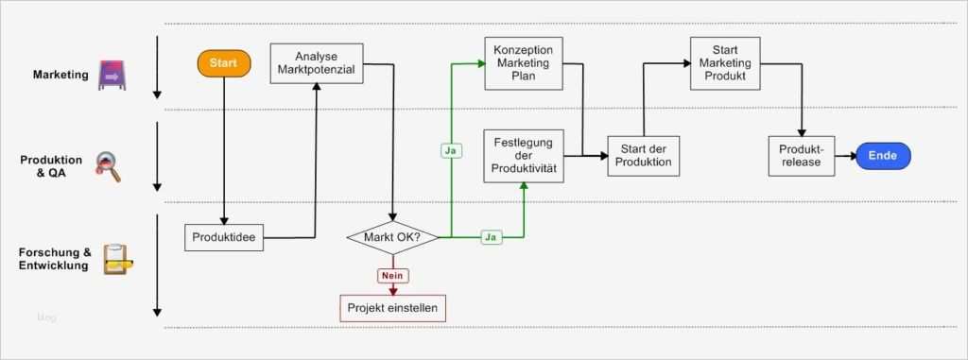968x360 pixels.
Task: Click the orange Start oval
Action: point(224,63)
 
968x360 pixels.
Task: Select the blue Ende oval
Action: point(883,156)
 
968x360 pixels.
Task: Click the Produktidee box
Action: point(224,236)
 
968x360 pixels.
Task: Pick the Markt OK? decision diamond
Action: point(392,236)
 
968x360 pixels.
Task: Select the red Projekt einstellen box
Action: point(392,308)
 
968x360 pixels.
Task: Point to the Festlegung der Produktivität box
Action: point(524,156)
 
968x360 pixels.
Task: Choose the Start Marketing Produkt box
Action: point(725,63)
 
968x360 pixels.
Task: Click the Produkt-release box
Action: point(803,156)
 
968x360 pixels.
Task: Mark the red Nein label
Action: point(392,276)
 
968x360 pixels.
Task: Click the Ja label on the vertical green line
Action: point(452,150)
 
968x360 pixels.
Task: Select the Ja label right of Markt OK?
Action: point(491,236)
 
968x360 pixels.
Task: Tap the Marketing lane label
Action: point(60,74)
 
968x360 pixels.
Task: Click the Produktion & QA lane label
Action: point(51,166)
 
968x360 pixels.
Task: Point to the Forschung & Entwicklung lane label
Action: point(55,259)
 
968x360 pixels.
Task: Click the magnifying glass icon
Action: point(110,166)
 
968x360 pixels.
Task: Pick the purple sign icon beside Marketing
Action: point(112,75)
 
